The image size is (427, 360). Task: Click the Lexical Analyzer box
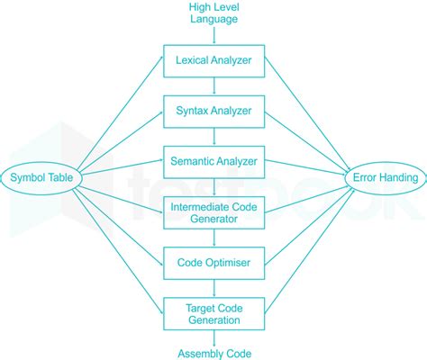(214, 62)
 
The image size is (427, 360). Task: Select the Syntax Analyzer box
(214, 112)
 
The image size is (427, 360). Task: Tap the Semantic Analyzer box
(214, 163)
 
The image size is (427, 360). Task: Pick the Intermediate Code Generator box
(214, 214)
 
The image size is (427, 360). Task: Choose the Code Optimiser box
(214, 264)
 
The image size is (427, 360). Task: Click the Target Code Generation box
(214, 313)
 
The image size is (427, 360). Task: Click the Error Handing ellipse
(383, 177)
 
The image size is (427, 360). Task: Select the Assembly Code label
(213, 353)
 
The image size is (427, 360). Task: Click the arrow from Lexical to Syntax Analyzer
(214, 87)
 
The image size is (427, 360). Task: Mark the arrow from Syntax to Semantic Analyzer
(214, 138)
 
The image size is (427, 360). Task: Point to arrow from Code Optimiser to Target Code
(214, 288)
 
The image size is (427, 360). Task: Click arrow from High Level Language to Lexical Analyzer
(214, 37)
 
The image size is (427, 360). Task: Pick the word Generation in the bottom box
(214, 319)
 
